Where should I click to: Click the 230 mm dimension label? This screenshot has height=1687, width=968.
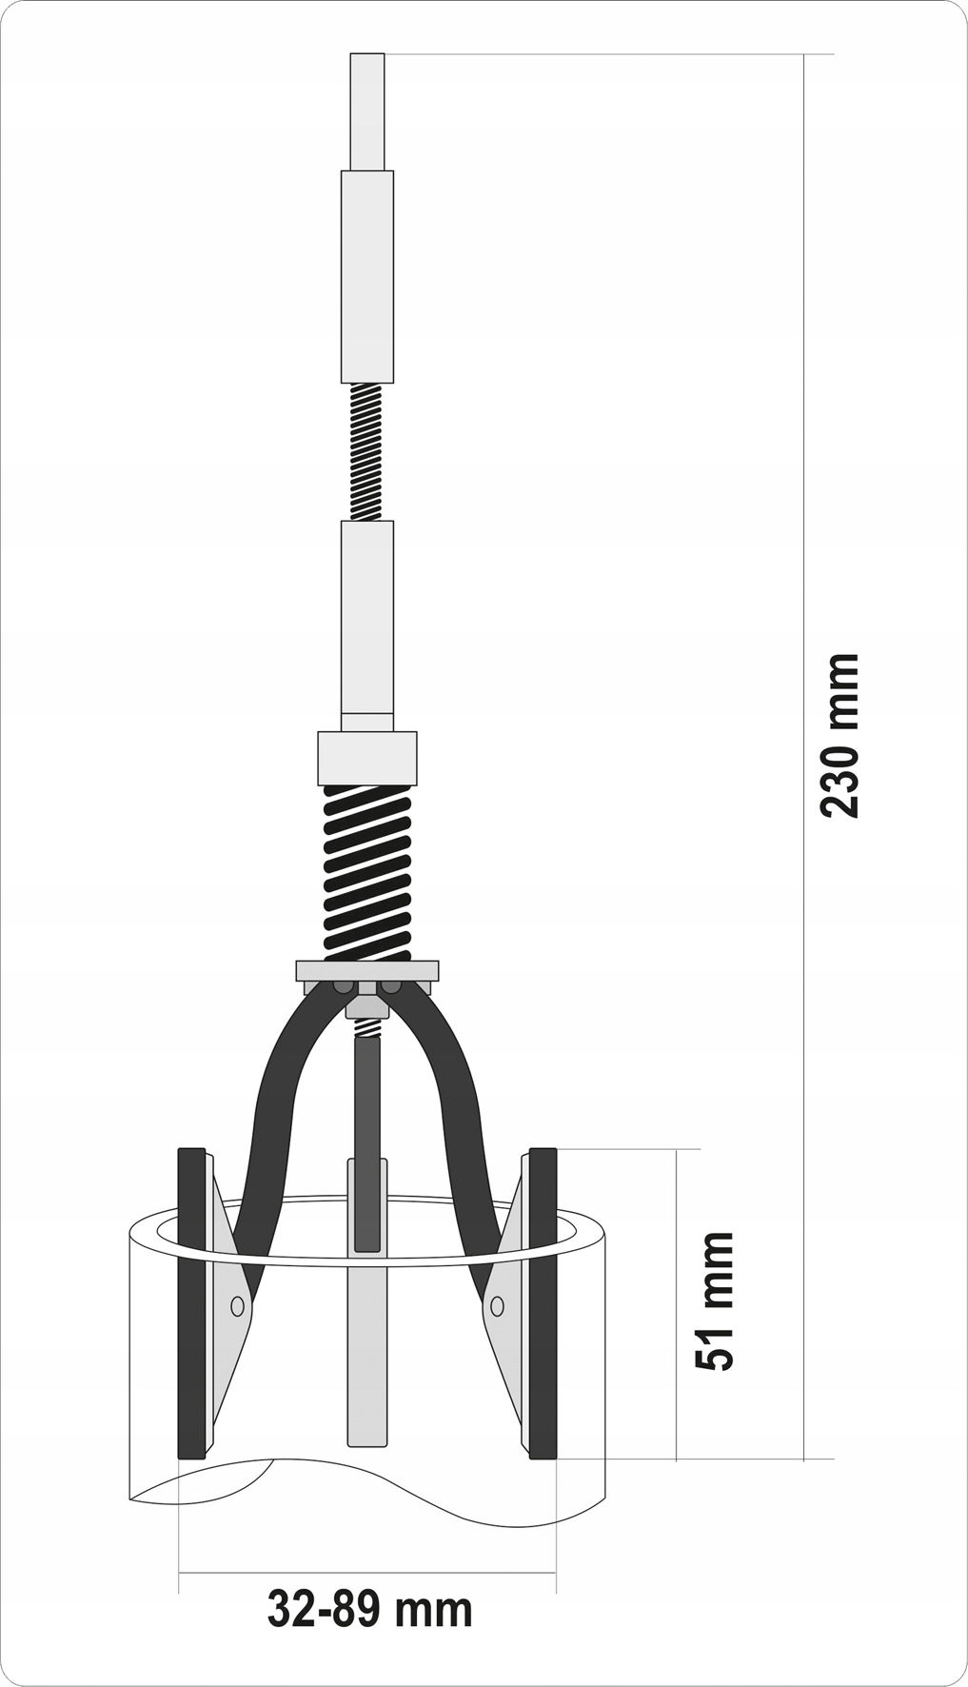pos(840,735)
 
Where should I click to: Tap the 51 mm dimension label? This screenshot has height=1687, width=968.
pos(715,1300)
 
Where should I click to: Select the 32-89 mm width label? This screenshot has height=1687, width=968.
pos(369,1610)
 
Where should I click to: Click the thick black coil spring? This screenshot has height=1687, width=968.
pos(367,870)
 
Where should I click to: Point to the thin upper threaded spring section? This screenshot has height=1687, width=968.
pos(367,451)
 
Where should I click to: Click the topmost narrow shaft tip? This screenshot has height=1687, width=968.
pos(367,111)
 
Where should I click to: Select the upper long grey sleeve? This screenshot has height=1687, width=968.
pos(367,276)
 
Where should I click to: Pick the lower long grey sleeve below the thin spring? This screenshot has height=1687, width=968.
pos(367,625)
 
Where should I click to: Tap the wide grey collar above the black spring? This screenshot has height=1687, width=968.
pos(367,758)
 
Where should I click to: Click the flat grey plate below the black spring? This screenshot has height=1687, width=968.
pos(367,971)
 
